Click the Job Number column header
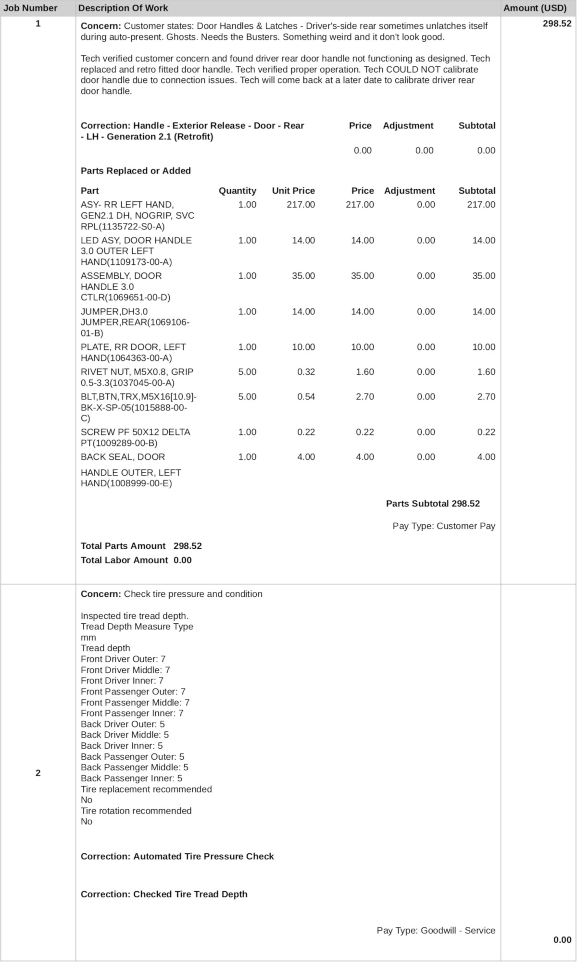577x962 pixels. (30, 8)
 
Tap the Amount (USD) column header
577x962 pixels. (535, 8)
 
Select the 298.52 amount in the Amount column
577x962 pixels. (557, 24)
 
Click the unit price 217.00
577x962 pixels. (301, 205)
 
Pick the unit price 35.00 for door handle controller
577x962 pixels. (303, 276)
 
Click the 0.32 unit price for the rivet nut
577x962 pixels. (306, 372)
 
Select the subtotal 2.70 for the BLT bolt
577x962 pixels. (486, 397)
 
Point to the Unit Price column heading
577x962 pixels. (293, 191)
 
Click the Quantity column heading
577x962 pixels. (237, 191)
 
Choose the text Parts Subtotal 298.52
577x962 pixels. (433, 504)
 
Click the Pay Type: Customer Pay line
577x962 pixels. (443, 526)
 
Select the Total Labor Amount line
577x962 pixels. (136, 560)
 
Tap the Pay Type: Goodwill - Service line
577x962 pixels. (436, 931)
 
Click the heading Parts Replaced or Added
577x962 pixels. (136, 171)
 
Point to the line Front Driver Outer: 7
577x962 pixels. (123, 659)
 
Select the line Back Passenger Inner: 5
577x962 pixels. (131, 778)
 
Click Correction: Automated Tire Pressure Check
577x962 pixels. (177, 857)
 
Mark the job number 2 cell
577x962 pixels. (38, 773)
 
